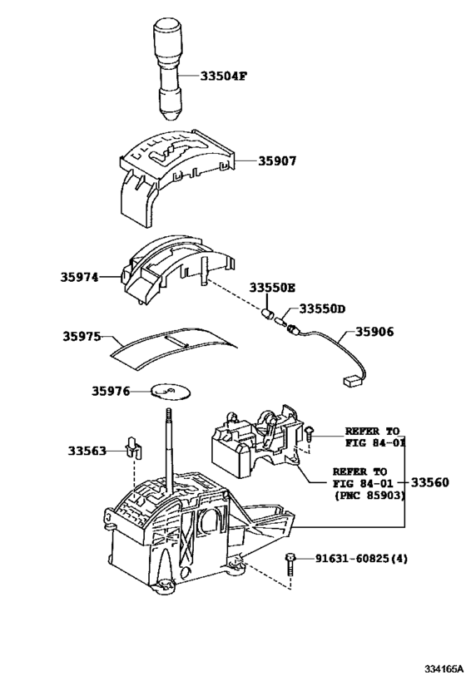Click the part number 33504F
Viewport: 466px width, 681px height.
pos(223,76)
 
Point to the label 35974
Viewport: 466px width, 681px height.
pos(77,276)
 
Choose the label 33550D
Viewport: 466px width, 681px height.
pos(321,308)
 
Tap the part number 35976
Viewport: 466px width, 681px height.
pos(111,390)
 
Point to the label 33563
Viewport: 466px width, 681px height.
pos(87,451)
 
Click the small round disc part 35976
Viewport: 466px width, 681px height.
pos(167,390)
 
